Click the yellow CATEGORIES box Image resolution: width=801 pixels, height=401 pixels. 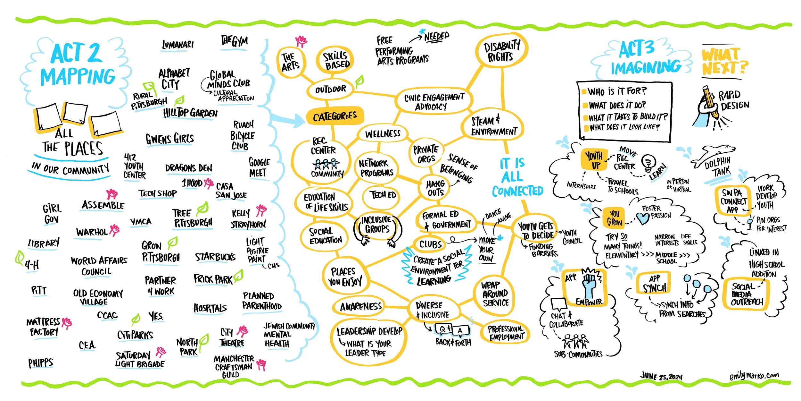tap(335, 116)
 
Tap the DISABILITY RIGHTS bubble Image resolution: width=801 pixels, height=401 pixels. tap(501, 51)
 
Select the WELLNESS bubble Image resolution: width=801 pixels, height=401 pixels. tap(383, 133)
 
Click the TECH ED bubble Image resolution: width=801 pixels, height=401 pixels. tap(383, 195)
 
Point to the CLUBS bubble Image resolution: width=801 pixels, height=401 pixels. tap(430, 244)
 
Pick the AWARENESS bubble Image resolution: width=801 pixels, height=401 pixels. tap(361, 307)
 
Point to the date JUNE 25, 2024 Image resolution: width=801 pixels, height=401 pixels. tap(662, 376)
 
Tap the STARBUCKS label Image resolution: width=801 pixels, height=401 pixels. tap(215, 257)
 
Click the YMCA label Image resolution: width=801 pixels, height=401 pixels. tap(141, 222)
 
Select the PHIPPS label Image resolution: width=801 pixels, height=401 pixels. tap(40, 363)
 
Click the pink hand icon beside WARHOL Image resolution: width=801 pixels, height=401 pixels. tap(114, 230)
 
